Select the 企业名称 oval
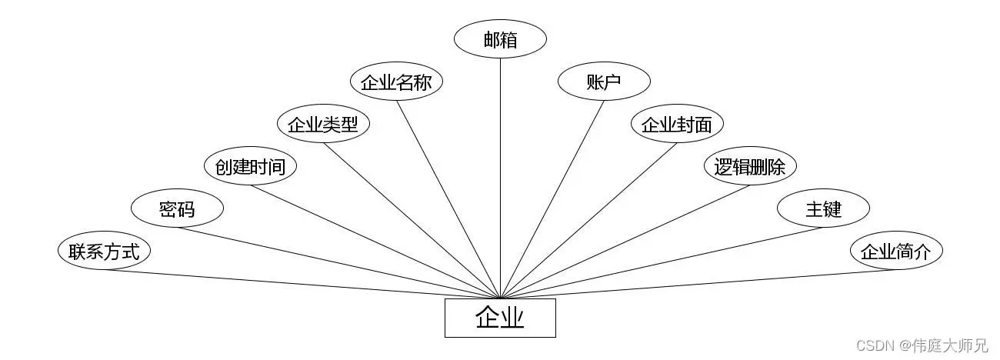pos(396,82)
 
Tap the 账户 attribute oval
pos(604,82)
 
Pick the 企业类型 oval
pos(323,125)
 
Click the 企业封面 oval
pos(677,125)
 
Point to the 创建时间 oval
pos(250,167)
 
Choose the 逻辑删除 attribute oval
pos(750,167)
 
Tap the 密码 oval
pos(177,208)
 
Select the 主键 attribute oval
pos(823,208)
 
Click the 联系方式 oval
pos(104,251)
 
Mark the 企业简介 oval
pos(896,251)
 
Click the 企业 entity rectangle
pos(500,318)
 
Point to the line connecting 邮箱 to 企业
pos(500,177)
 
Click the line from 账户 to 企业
pos(553,198)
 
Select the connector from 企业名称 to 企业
pos(448,198)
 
